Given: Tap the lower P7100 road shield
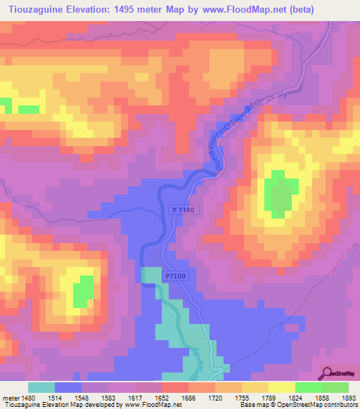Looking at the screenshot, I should (176, 277).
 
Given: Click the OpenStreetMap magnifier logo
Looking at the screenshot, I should (326, 373).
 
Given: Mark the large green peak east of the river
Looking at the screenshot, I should (280, 194).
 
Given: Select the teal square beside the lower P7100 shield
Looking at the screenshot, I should (150, 275).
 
